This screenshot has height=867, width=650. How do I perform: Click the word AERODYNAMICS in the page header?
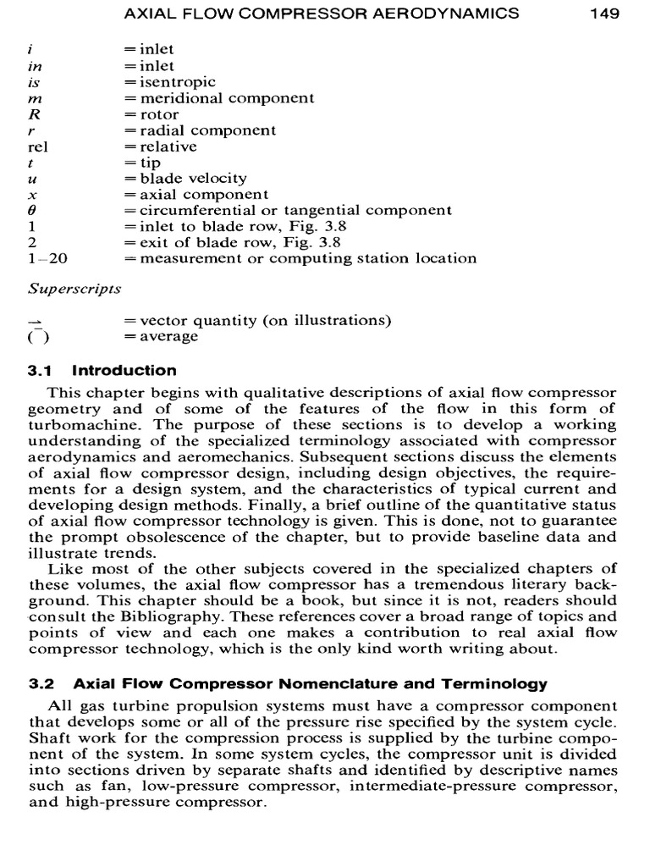point(454,14)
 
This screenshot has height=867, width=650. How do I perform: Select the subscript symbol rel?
point(38,146)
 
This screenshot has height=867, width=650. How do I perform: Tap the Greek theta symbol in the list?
point(32,211)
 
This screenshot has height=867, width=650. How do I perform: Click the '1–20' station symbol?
point(41,259)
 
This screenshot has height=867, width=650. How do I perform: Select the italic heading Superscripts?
point(74,289)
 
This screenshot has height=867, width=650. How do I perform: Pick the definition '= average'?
point(161,337)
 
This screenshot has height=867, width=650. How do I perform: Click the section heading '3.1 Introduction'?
point(102,371)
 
